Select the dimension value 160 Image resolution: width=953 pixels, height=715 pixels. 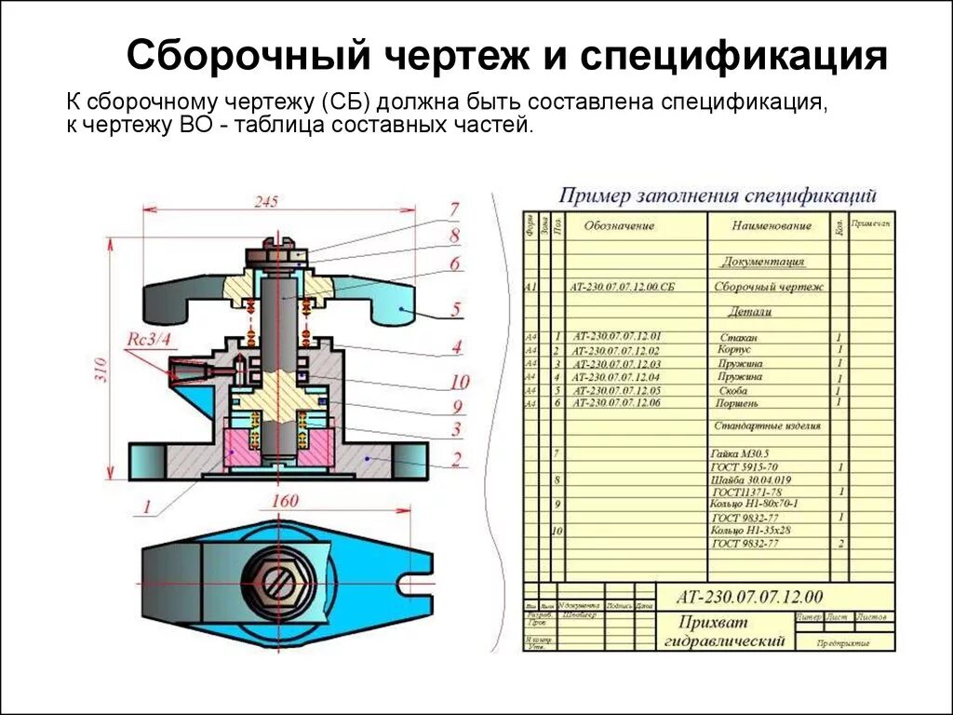[284, 501]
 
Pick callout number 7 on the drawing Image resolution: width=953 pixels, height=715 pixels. [454, 209]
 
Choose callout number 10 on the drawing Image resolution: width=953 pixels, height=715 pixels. [459, 382]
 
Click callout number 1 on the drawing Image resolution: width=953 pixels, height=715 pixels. [146, 506]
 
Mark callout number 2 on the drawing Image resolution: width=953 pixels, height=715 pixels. [457, 458]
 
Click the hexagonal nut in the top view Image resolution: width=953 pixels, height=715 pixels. [275, 583]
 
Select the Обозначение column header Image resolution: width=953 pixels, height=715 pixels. [619, 226]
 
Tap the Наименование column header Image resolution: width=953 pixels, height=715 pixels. [772, 225]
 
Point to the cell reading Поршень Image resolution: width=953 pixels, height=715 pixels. [737, 404]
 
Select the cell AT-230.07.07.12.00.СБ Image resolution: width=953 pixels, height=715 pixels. [623, 289]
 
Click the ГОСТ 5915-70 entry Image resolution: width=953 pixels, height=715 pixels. [745, 466]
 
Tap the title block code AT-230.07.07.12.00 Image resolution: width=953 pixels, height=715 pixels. [749, 597]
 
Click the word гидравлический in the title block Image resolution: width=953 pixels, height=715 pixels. [725, 641]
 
